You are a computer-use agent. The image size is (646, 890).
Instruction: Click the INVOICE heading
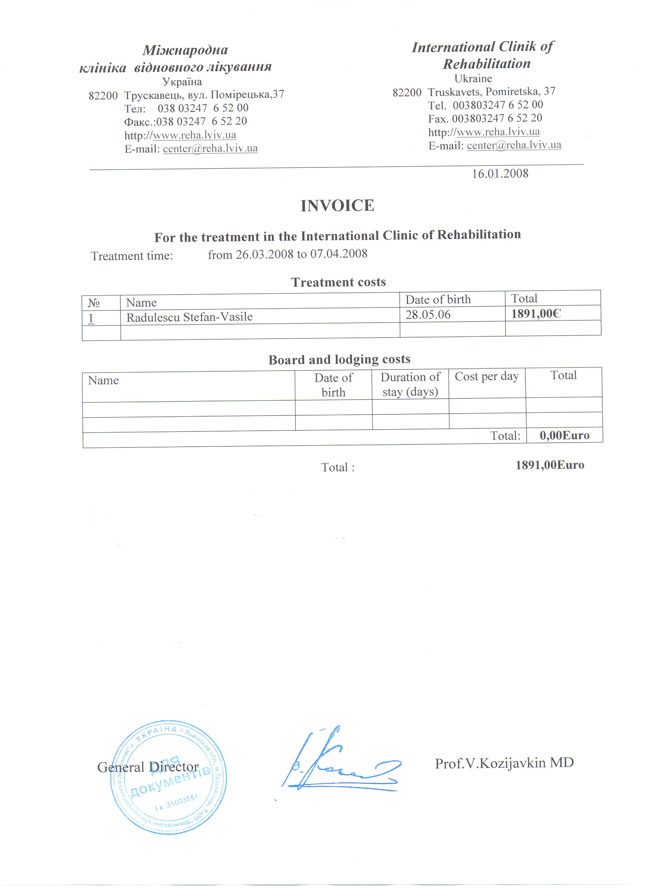[x=337, y=205]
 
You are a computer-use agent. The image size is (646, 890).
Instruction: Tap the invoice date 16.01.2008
[x=500, y=174]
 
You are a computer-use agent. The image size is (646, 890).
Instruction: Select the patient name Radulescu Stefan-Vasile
[x=189, y=317]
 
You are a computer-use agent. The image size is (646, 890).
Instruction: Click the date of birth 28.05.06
[x=427, y=315]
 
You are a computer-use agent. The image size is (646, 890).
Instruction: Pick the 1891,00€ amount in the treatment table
[x=536, y=314]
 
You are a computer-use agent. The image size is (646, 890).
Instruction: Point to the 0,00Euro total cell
[x=564, y=435]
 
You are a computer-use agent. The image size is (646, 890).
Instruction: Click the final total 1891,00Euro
[x=549, y=465]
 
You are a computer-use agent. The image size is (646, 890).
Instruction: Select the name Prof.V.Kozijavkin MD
[x=504, y=763]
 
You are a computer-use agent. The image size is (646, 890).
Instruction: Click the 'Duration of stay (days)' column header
[x=410, y=385]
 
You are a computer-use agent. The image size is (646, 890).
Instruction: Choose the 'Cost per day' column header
[x=486, y=376]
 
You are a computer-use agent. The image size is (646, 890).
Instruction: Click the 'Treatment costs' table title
[x=338, y=282]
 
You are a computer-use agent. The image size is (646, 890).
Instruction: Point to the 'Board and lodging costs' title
[x=339, y=360]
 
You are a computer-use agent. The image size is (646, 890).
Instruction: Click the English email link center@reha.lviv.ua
[x=514, y=145]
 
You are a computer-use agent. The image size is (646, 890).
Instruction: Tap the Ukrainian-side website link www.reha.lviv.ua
[x=194, y=135]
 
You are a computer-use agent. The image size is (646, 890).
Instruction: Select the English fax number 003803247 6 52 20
[x=497, y=118]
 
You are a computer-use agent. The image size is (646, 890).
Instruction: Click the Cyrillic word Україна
[x=182, y=82]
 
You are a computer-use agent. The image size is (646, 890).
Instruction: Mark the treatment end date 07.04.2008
[x=338, y=254]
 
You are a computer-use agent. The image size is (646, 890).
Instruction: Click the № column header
[x=94, y=303]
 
